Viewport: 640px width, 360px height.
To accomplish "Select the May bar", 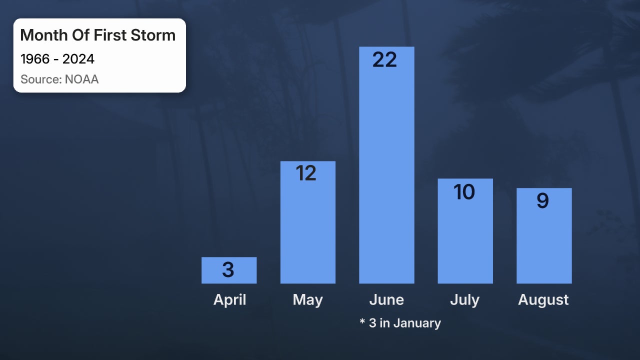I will pyautogui.click(x=307, y=230).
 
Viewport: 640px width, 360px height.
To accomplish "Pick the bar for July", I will pyautogui.click(x=465, y=240).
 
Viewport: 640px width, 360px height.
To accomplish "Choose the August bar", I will pyautogui.click(x=543, y=245).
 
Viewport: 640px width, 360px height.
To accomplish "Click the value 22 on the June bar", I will pyautogui.click(x=385, y=60).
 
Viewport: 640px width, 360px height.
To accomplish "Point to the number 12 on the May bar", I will pyautogui.click(x=306, y=173).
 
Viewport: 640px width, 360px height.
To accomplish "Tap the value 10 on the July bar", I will pyautogui.click(x=464, y=192).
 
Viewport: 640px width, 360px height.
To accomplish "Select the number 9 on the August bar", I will pyautogui.click(x=542, y=201).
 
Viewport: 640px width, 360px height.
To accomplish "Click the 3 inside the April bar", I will pyautogui.click(x=228, y=270).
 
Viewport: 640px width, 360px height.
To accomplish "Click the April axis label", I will pyautogui.click(x=230, y=300).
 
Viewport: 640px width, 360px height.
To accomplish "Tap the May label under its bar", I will pyautogui.click(x=307, y=300).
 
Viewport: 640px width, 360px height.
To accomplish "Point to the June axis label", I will pyautogui.click(x=386, y=300).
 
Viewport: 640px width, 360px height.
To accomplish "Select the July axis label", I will pyautogui.click(x=464, y=300).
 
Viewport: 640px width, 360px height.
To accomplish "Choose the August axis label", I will pyautogui.click(x=543, y=300).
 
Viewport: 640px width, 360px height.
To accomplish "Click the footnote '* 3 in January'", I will pyautogui.click(x=400, y=323).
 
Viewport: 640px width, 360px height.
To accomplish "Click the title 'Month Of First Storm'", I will pyautogui.click(x=98, y=35).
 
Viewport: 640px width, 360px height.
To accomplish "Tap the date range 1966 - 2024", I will pyautogui.click(x=57, y=59).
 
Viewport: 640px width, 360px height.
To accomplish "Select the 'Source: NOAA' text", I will pyautogui.click(x=59, y=79).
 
